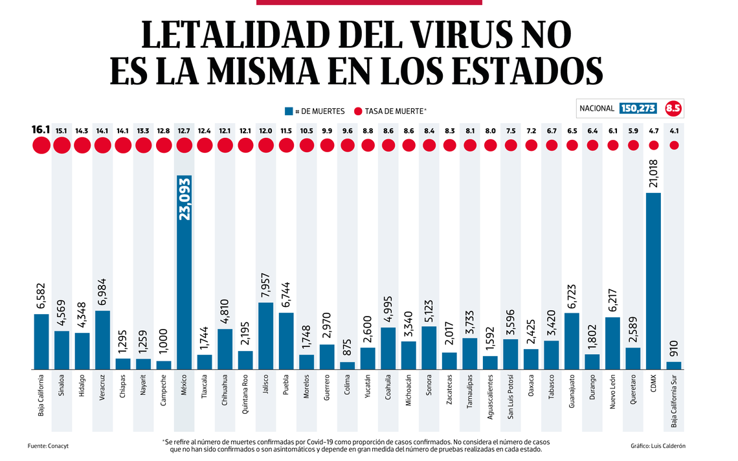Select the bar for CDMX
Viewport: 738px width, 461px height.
click(x=653, y=281)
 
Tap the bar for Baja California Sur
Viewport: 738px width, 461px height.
click(x=674, y=365)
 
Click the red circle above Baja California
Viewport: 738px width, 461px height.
click(x=41, y=145)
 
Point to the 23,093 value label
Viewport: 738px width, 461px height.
click(x=184, y=198)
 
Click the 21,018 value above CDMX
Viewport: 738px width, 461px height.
click(x=653, y=174)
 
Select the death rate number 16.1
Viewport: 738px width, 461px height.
click(x=41, y=130)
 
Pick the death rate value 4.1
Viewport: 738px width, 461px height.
click(x=674, y=130)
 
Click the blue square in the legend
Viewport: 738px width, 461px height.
click(x=289, y=111)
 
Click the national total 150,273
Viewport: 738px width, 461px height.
click(x=638, y=108)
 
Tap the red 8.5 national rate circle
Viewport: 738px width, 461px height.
click(x=673, y=108)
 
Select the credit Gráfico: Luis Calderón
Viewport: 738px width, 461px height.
click(x=658, y=446)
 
